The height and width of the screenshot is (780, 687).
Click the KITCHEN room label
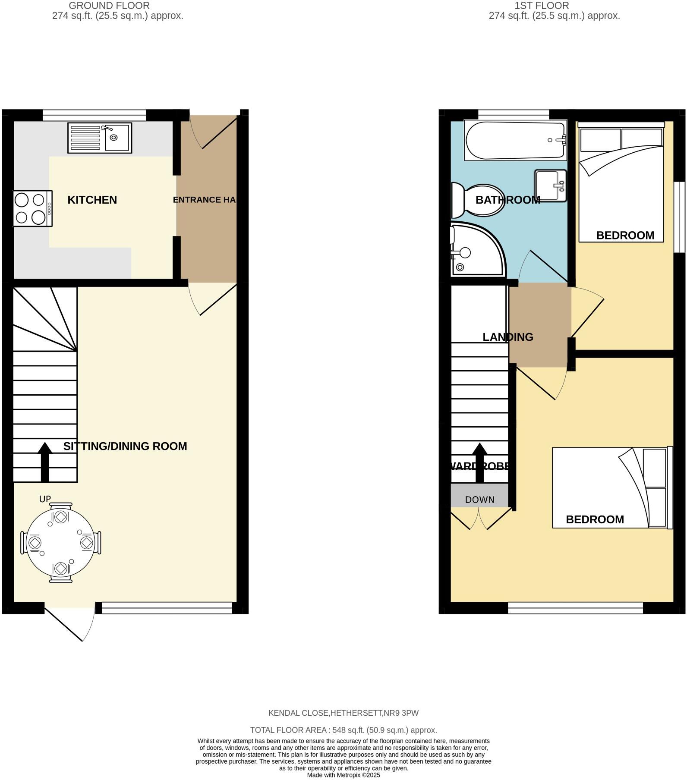tap(92, 200)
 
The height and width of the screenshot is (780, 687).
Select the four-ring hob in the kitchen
tap(33, 208)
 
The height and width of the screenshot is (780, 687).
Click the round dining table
tap(60, 543)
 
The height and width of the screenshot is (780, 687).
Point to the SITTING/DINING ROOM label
tap(125, 446)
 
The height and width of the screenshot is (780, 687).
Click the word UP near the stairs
tap(45, 499)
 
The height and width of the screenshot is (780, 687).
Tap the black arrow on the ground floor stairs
tap(45, 462)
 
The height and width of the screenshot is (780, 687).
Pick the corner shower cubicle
tap(475, 250)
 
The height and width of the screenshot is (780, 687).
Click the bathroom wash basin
tap(550, 186)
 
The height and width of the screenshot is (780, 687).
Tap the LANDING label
tap(507, 337)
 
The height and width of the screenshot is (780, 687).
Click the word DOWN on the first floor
tap(479, 500)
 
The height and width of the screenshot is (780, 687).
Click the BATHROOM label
tap(507, 200)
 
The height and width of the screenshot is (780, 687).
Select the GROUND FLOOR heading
tap(109, 6)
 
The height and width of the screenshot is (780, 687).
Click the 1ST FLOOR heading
tap(542, 6)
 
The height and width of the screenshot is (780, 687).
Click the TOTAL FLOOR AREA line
tap(343, 730)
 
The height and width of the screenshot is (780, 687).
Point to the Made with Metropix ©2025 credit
tap(343, 775)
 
